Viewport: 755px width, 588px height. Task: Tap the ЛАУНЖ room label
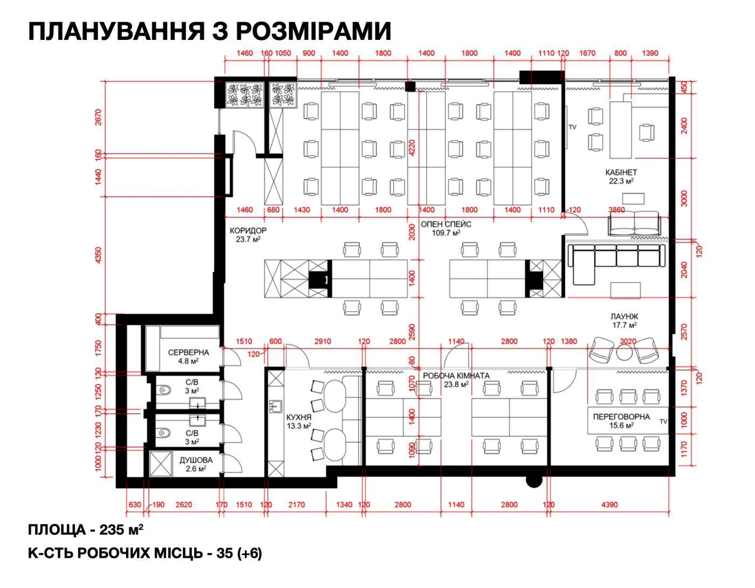click(624, 317)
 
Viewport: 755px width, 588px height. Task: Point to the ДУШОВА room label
click(196, 460)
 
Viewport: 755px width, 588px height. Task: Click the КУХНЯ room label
click(299, 418)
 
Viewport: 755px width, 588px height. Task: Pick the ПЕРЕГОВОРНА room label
click(621, 416)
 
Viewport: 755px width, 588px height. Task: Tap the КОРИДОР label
click(248, 230)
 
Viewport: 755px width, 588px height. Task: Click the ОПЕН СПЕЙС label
click(446, 224)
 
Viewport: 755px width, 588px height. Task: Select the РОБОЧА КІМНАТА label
click(456, 375)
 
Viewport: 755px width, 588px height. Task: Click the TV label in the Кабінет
click(572, 127)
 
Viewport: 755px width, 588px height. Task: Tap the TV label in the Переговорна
click(663, 421)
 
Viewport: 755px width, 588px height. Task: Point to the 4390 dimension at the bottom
click(609, 504)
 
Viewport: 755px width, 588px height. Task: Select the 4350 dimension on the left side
click(98, 255)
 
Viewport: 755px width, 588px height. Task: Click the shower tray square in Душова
click(161, 464)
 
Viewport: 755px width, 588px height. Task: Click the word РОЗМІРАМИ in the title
click(315, 31)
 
